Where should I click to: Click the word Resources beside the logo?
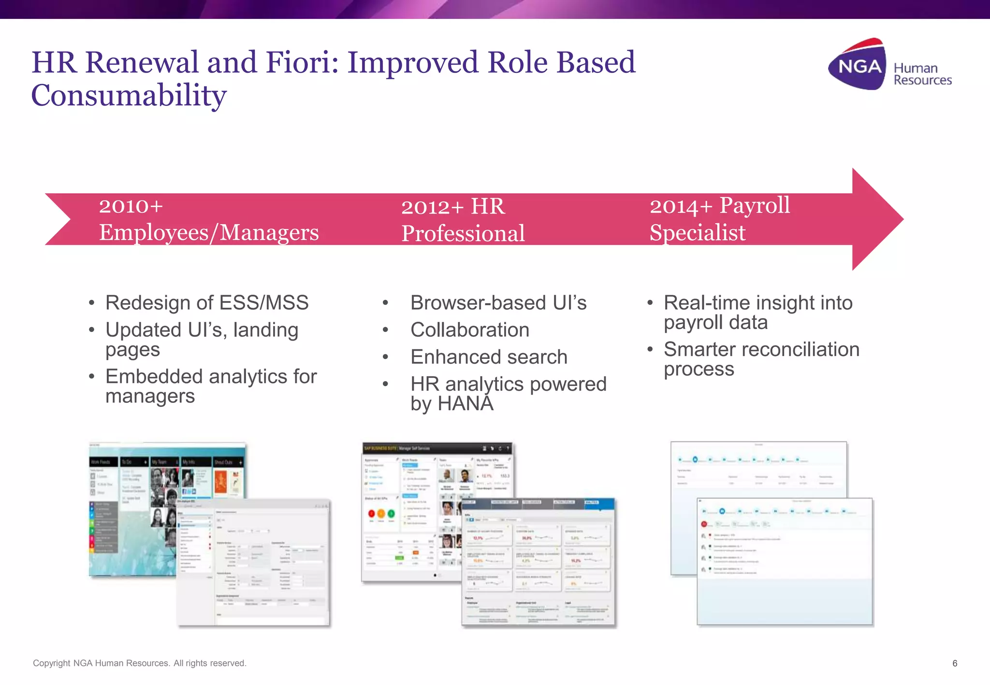pyautogui.click(x=922, y=80)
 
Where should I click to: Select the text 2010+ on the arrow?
pyautogui.click(x=131, y=206)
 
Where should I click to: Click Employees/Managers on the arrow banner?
pyautogui.click(x=209, y=232)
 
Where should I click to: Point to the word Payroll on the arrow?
pyautogui.click(x=754, y=205)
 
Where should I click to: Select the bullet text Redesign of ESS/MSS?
pyautogui.click(x=207, y=303)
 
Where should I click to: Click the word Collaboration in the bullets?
pyautogui.click(x=469, y=330)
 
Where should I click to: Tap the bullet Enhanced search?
pyautogui.click(x=488, y=357)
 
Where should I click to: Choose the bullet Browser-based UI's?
pyautogui.click(x=498, y=303)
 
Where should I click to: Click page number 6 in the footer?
pyautogui.click(x=954, y=663)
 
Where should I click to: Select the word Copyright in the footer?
pyautogui.click(x=51, y=663)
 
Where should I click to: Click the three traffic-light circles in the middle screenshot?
pyautogui.click(x=381, y=514)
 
